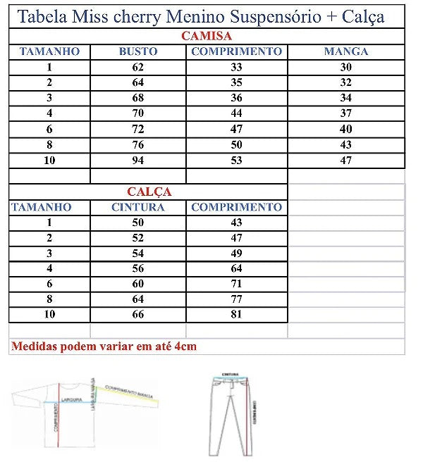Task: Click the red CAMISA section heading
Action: click(x=207, y=36)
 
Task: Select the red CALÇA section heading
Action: click(x=149, y=192)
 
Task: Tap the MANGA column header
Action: click(x=346, y=51)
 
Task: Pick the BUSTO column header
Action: click(x=138, y=51)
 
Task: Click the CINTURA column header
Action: click(x=138, y=207)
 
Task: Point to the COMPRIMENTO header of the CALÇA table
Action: click(x=236, y=207)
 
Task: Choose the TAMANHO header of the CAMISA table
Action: click(x=50, y=51)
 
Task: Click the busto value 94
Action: click(x=138, y=161)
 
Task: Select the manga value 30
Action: click(x=346, y=68)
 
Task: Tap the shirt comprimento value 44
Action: click(x=236, y=113)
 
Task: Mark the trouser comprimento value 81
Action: click(x=236, y=315)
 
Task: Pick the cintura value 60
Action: click(x=138, y=284)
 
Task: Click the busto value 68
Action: click(x=138, y=98)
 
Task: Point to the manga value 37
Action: click(x=346, y=113)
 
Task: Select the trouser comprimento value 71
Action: click(x=236, y=284)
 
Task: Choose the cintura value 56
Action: click(x=138, y=268)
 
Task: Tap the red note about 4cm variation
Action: click(x=104, y=346)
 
